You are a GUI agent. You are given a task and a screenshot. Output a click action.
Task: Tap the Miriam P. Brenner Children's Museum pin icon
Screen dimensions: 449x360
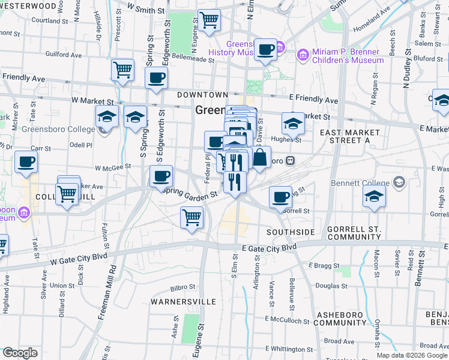[x=303, y=56]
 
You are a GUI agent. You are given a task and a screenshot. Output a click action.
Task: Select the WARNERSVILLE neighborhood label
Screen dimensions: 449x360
[x=175, y=301]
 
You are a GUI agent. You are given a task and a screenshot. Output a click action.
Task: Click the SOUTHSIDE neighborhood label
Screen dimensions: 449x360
[x=291, y=232]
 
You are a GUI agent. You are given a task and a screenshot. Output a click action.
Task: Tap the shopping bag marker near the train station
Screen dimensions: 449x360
[x=260, y=158]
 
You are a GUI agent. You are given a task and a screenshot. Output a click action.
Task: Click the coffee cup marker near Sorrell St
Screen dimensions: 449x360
[x=280, y=197]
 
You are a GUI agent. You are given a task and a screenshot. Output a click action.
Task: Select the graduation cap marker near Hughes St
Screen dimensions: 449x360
[x=293, y=124]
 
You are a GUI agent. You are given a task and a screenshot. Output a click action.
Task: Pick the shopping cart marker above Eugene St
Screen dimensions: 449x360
[x=192, y=217]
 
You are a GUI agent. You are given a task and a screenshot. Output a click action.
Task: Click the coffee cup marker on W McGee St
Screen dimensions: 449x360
[x=161, y=176]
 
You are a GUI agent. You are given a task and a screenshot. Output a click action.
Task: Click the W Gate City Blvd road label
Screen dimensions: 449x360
[x=78, y=256]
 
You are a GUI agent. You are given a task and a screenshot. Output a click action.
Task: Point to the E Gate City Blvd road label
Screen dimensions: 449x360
[x=269, y=247]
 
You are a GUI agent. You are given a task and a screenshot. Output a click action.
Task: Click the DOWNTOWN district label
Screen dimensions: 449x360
[x=202, y=95]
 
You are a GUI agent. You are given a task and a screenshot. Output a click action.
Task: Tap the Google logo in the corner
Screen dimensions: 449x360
[x=20, y=353]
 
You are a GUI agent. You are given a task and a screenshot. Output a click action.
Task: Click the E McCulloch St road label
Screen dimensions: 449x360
[x=286, y=321]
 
